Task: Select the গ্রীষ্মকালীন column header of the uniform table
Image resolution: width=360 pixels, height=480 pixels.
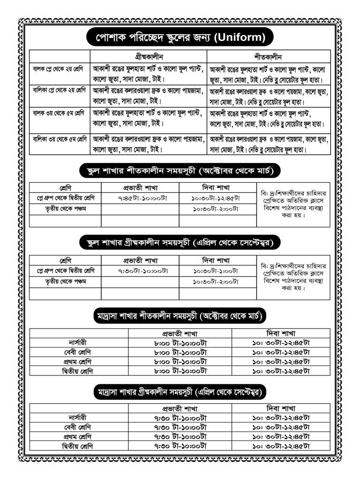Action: click(x=148, y=55)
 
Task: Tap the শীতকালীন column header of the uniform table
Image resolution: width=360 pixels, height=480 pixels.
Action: click(x=268, y=55)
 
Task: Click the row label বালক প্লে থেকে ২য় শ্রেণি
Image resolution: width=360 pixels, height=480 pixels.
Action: click(x=58, y=69)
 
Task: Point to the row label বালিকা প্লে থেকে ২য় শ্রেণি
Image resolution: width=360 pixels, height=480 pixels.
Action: click(x=59, y=90)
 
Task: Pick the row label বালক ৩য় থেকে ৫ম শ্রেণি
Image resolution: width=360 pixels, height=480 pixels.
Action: click(x=59, y=113)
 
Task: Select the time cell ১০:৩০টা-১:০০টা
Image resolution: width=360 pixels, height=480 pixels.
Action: click(x=216, y=271)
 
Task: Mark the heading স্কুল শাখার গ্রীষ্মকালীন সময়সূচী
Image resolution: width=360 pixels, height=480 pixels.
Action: click(x=180, y=242)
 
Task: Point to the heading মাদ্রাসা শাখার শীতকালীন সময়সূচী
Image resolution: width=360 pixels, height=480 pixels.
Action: click(x=179, y=315)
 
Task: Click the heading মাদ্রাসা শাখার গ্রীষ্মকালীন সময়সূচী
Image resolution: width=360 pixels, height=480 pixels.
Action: click(x=180, y=390)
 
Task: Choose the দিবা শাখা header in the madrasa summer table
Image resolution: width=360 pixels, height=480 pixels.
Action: click(x=281, y=408)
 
